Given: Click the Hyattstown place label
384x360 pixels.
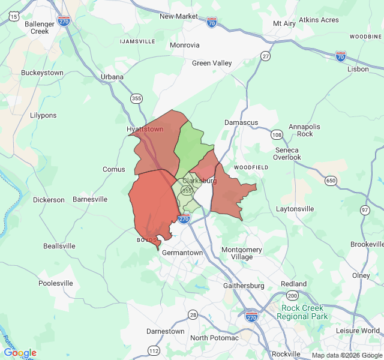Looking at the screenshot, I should (x=145, y=129).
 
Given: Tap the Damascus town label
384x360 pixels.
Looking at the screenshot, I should (x=241, y=122).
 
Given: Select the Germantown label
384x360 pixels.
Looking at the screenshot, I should (x=182, y=253).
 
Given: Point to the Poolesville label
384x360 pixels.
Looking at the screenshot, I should (x=55, y=283).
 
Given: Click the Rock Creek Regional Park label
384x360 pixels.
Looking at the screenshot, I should (x=304, y=312).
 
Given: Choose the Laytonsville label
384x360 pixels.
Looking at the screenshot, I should (x=295, y=209).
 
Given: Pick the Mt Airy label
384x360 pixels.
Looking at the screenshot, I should (x=284, y=23).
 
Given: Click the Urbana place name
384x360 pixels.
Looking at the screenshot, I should (x=112, y=77).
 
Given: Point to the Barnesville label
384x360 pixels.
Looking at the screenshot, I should (x=90, y=199).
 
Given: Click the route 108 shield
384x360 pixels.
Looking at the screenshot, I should (x=277, y=134).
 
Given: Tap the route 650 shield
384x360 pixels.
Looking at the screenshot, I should (x=331, y=180).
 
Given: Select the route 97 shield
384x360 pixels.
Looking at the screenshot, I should (x=365, y=209).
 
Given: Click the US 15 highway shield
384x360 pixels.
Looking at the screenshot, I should (x=14, y=17).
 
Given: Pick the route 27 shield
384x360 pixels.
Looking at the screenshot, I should (x=265, y=56).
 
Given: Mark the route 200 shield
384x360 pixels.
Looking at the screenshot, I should (x=292, y=296).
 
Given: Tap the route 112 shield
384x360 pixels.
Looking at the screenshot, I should (x=154, y=350).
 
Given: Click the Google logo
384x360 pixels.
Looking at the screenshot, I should (x=20, y=353).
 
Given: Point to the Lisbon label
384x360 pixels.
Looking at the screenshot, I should (x=358, y=69).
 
